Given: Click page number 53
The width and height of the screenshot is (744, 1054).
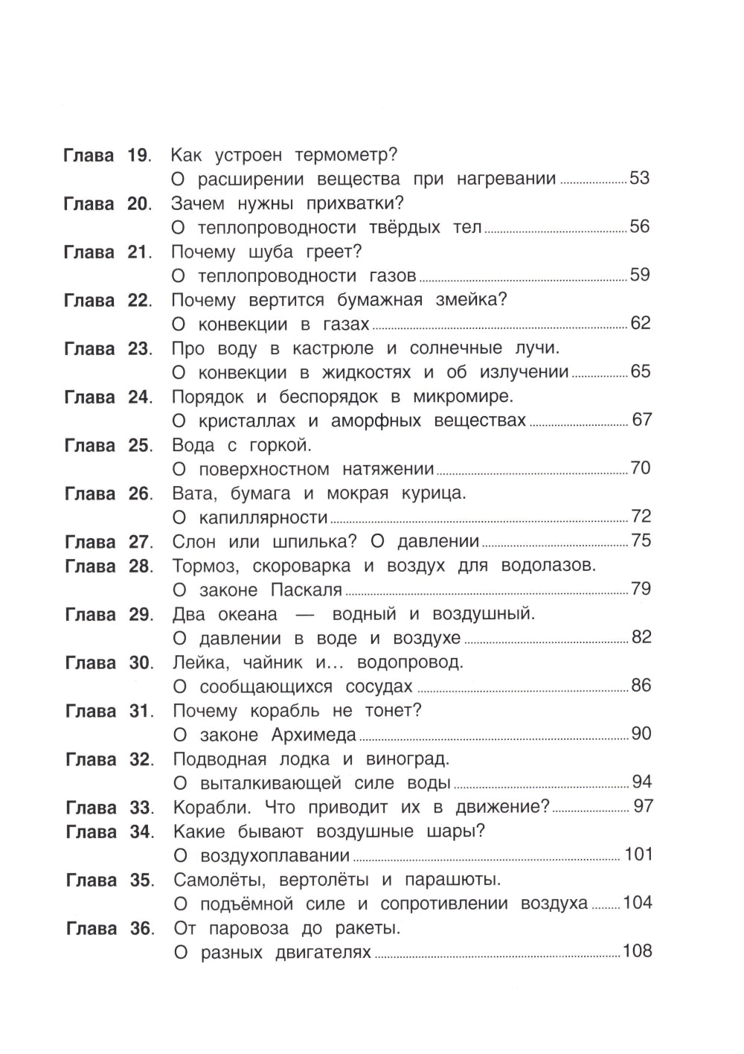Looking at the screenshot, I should pyautogui.click(x=639, y=179).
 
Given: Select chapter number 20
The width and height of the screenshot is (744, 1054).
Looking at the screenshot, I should pyautogui.click(x=138, y=204).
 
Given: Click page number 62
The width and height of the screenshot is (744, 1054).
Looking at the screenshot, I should pyautogui.click(x=640, y=323).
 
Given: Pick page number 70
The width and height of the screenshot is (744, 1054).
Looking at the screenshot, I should pyautogui.click(x=640, y=468).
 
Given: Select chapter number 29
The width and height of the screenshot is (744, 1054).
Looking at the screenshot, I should pyautogui.click(x=139, y=615).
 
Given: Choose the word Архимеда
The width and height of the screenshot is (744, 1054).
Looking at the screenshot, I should pyautogui.click(x=314, y=735).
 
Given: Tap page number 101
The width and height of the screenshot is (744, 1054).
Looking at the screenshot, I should pyautogui.click(x=638, y=855).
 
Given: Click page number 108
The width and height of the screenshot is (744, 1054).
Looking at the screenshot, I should pyautogui.click(x=638, y=951).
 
